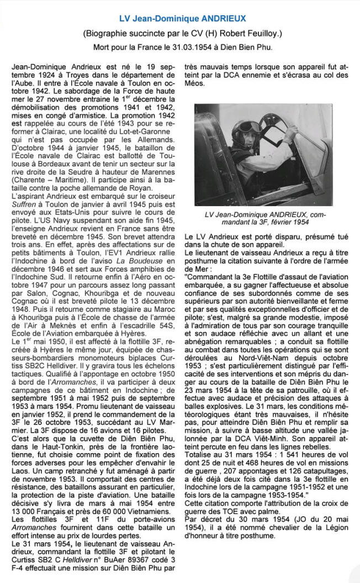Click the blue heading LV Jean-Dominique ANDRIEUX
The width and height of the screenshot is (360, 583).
179,19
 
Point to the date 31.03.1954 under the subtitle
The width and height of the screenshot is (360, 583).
208,47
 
